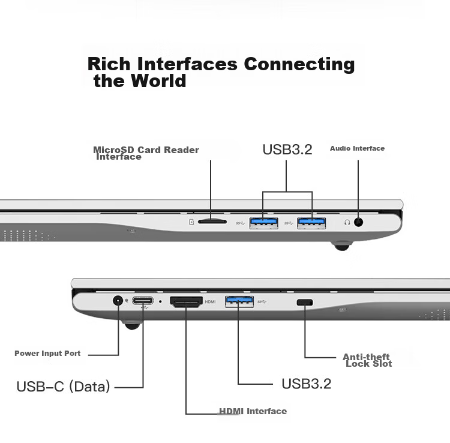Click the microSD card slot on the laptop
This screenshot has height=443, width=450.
[212, 221]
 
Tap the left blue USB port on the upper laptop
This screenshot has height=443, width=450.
[264, 223]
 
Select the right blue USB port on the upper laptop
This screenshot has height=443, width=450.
[311, 223]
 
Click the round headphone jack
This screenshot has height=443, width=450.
[358, 222]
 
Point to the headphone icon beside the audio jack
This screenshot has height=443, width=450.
[347, 222]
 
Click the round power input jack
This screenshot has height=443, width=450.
[118, 301]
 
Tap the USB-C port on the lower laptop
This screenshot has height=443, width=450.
[143, 301]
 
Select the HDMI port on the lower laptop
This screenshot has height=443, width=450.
[186, 302]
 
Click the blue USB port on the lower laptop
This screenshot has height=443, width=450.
[239, 301]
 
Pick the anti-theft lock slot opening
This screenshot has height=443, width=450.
[305, 303]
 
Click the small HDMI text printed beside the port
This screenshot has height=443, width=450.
[210, 302]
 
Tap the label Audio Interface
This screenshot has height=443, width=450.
[358, 148]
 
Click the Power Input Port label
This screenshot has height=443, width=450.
[47, 353]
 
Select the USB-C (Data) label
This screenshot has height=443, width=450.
[64, 387]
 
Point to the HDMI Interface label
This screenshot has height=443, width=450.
[253, 411]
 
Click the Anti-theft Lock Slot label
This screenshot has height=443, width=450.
[367, 360]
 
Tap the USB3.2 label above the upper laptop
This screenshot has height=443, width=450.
[287, 149]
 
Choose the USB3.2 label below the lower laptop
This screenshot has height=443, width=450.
[307, 384]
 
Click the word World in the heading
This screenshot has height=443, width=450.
[158, 80]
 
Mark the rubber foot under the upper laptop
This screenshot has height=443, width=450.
[342, 246]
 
